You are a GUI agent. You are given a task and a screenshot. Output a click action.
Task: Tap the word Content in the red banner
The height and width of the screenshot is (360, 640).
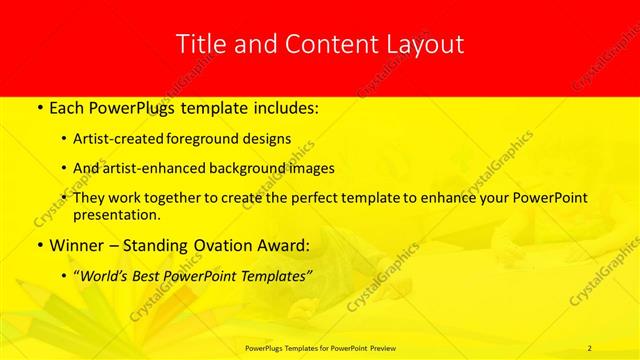325,44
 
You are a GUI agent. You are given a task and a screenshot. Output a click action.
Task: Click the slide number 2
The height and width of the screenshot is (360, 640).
590,347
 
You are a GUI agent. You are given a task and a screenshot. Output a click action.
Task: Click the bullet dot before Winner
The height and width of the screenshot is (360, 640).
39,245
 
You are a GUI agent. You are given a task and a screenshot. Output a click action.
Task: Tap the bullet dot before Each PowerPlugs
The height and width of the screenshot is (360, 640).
39,105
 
